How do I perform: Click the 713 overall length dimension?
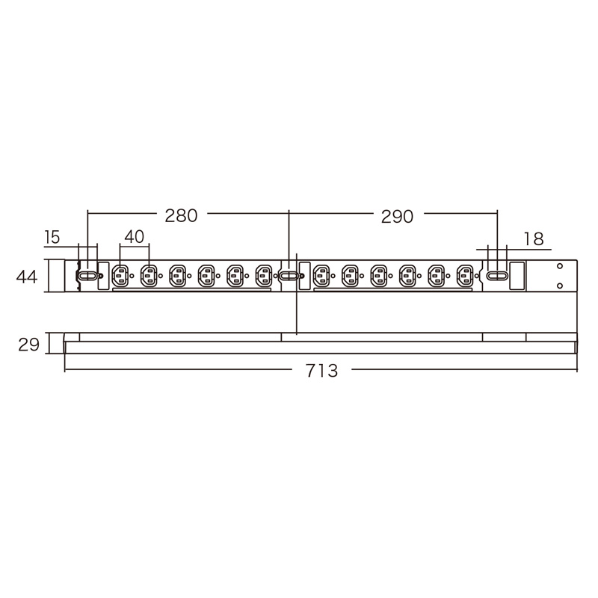(x=322, y=371)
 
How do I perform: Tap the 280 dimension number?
(x=181, y=215)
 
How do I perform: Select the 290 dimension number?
(x=397, y=217)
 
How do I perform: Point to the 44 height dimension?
(x=27, y=277)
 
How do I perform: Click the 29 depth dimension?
(x=28, y=345)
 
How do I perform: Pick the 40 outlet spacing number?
(x=135, y=236)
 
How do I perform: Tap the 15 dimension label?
(x=52, y=237)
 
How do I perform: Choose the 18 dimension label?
(x=534, y=239)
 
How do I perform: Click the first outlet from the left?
(x=120, y=276)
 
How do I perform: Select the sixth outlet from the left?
(x=264, y=276)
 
